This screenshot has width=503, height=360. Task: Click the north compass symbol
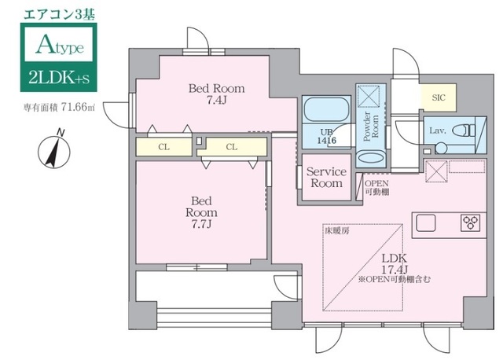coord(54,149)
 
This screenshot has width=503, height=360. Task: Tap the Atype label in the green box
coord(60,46)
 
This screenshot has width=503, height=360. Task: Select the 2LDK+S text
coord(59,78)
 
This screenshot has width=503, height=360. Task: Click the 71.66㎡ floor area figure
coord(78,107)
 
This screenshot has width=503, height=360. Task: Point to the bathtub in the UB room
coord(327,109)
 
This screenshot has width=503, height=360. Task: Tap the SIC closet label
coord(439,97)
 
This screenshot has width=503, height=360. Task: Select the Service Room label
coord(326,178)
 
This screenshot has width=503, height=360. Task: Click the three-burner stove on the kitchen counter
coord(471,222)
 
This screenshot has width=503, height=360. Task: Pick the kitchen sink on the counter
coord(426,223)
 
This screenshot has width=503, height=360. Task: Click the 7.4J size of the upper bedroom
coord(216,101)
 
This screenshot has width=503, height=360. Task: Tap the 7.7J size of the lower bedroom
coord(201,224)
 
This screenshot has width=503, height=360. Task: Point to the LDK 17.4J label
coord(394,263)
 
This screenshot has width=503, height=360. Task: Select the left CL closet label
coord(163,147)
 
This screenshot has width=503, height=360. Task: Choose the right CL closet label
coord(232,147)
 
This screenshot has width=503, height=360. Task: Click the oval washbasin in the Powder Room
coord(371,158)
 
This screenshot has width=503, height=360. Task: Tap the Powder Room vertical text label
coord(371,126)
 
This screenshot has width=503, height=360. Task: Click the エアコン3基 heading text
coord(60,14)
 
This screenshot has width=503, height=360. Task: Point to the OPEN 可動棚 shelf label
coord(377,188)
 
